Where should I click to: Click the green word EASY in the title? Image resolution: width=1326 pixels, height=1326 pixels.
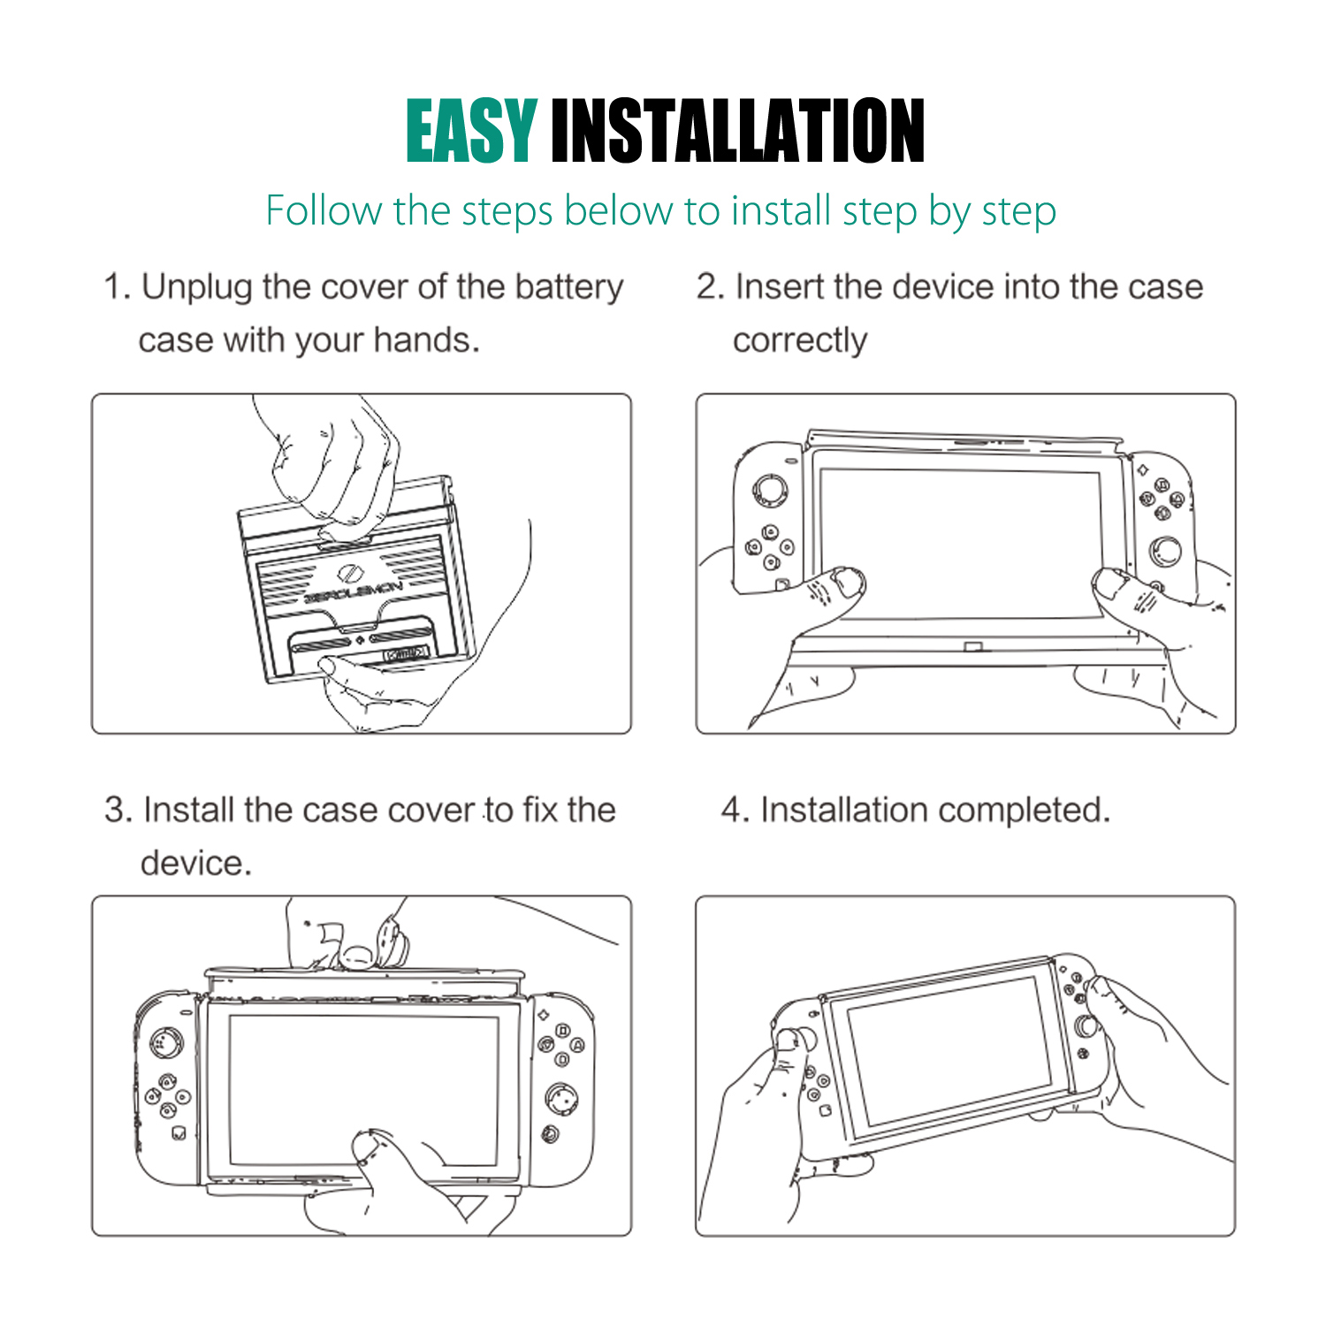[471, 131]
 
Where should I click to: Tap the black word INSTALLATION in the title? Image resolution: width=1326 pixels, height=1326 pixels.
[738, 131]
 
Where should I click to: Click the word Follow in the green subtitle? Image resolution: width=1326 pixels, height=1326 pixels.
[323, 210]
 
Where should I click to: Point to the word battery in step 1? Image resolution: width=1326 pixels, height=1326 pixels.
[569, 288]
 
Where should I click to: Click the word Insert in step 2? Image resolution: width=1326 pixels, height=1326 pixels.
[779, 287]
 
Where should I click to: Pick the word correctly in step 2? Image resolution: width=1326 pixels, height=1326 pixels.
[800, 341]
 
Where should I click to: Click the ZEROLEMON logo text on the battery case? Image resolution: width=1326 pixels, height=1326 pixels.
[354, 592]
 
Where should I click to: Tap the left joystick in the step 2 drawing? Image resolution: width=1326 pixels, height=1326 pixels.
[768, 491]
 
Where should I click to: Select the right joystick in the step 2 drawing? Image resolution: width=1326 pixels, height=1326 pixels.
[1165, 552]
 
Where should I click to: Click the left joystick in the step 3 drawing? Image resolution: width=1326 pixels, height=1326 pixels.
[165, 1043]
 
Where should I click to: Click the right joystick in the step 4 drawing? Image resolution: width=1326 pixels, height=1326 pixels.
[1086, 1025]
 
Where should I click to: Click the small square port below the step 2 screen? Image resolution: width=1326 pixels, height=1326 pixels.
[972, 648]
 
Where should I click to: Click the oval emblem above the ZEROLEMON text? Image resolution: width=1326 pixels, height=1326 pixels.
[348, 571]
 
